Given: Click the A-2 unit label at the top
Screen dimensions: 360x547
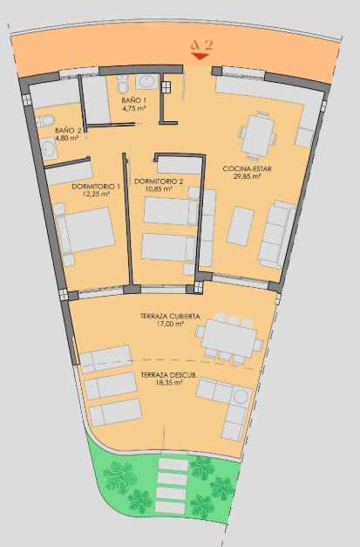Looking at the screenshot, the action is [201, 45].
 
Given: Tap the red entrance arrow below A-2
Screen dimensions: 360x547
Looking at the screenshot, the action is [200, 56].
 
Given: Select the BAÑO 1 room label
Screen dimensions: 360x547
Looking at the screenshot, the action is [134, 100].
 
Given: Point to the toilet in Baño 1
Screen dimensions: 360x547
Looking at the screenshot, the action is [123, 85].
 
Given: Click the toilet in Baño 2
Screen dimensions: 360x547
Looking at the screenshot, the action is [45, 121].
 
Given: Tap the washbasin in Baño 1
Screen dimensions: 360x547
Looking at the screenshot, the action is [146, 82].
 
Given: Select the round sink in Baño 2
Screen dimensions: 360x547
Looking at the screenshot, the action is [48, 149].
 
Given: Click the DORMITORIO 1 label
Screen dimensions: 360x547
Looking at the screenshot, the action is [96, 187].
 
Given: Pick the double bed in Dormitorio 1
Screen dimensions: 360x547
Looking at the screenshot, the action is [85, 230].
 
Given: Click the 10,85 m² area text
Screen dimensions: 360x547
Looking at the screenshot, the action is [159, 189].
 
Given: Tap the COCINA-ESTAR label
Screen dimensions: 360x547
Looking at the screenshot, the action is [247, 169].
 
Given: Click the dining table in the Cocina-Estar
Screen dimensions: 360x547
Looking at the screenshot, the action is [258, 135].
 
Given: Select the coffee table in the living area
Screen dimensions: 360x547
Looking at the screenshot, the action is [241, 227].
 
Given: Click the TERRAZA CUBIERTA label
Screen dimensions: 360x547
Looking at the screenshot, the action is [170, 317].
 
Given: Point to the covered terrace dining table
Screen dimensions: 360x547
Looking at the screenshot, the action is [229, 338].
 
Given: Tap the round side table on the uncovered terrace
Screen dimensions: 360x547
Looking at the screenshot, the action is [241, 397].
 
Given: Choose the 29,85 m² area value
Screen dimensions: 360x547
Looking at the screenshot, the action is [247, 176].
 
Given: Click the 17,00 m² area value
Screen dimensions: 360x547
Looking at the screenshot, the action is [170, 324].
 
